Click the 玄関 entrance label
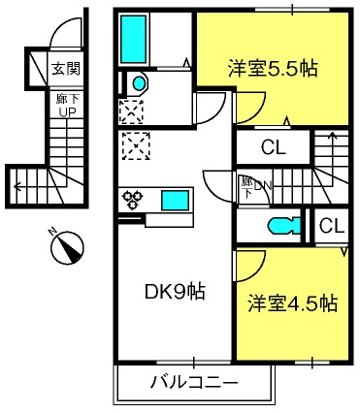click(66, 69)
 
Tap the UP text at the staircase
click(67, 111)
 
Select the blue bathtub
click(133, 39)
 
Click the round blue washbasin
click(140, 83)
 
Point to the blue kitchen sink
click(175, 201)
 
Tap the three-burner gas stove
click(132, 199)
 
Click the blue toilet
click(284, 225)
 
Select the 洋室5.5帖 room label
click(273, 68)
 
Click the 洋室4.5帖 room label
click(293, 303)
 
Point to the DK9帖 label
click(175, 291)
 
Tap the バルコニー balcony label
click(194, 382)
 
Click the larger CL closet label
click(274, 147)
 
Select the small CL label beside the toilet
click(332, 226)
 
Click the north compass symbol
click(67, 248)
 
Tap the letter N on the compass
click(51, 231)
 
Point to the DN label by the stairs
click(263, 185)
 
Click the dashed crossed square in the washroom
click(132, 111)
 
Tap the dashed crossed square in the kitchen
click(136, 145)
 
